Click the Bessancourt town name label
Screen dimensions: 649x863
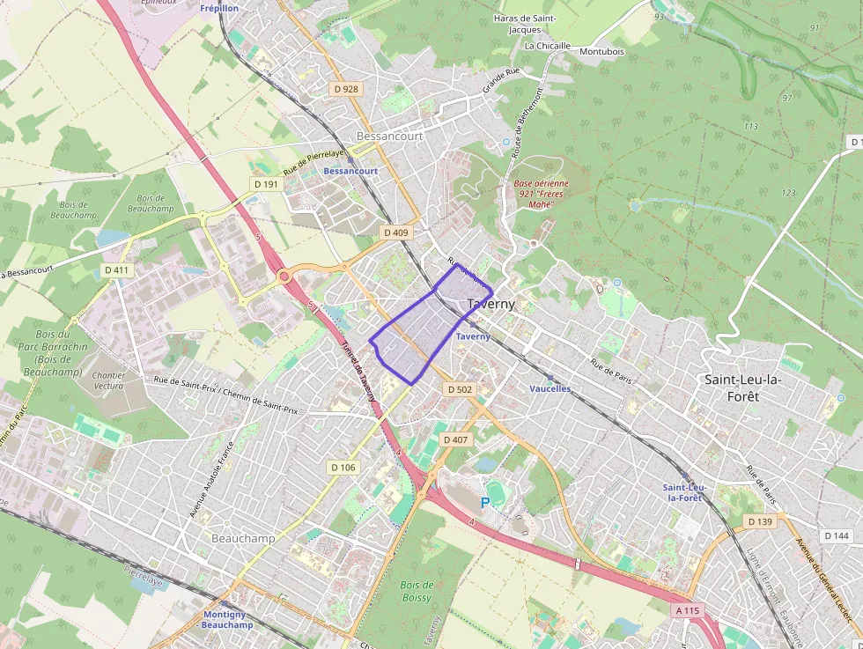point(389,136)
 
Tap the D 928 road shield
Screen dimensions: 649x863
point(346,89)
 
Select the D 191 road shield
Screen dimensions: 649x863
point(266,184)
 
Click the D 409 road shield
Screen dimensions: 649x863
point(396,232)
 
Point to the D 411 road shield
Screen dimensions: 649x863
point(116,269)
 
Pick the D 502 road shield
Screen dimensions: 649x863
point(460,388)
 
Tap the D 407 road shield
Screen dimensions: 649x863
point(455,439)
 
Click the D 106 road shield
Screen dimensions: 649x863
point(343,467)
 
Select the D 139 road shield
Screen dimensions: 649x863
point(760,522)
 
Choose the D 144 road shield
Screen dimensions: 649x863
point(838,535)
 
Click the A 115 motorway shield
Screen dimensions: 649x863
point(689,609)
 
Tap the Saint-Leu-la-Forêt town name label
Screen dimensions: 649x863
point(743,387)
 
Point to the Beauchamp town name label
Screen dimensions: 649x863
point(243,538)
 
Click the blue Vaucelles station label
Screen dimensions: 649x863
point(550,388)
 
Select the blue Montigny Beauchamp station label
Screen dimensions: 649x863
point(227,619)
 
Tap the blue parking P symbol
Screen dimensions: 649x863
point(484,503)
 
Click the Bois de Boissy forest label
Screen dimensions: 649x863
point(417,592)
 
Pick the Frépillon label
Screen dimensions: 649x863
point(219,8)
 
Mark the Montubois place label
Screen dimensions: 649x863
point(602,51)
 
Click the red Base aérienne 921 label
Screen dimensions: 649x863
point(542,194)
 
